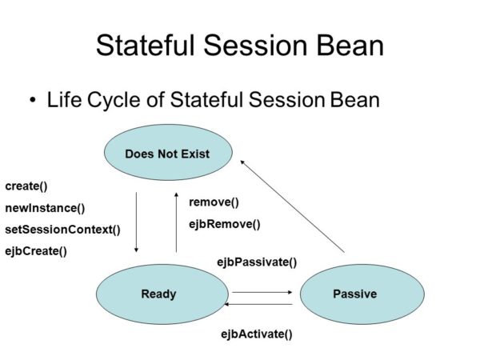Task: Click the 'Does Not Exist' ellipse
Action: click(167, 153)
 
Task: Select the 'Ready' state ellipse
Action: click(158, 294)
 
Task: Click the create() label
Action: click(26, 186)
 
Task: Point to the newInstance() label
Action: click(45, 208)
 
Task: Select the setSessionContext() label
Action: click(62, 230)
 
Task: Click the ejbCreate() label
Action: click(36, 251)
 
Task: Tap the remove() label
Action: click(214, 202)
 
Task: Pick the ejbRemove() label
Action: click(224, 224)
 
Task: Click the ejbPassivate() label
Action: click(257, 262)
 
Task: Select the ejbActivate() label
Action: click(256, 334)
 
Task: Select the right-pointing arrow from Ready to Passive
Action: click(262, 292)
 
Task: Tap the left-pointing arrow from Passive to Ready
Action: click(262, 305)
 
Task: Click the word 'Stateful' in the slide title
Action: click(144, 45)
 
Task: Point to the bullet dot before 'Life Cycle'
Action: click(33, 101)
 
